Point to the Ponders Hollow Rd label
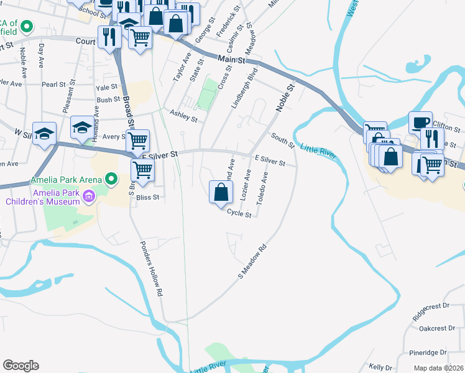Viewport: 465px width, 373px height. (x=152, y=268)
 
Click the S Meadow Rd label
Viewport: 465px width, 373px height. (x=253, y=260)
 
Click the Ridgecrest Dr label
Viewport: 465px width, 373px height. (x=434, y=306)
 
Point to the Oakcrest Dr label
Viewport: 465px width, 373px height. (x=434, y=328)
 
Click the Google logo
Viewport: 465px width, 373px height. (x=21, y=365)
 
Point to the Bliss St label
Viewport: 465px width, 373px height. (x=152, y=197)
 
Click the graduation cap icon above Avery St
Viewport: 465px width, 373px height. (x=82, y=127)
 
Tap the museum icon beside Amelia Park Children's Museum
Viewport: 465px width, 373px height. (x=88, y=197)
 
